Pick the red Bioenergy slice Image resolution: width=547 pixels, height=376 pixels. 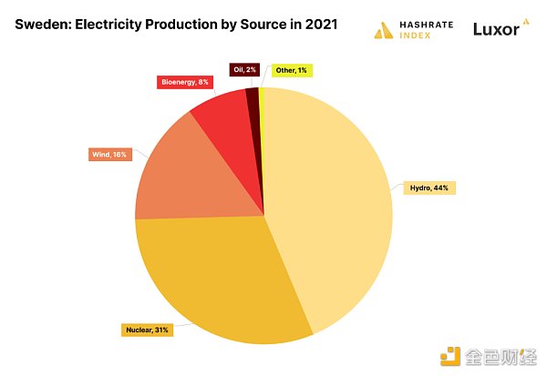pyautogui.click(x=223, y=118)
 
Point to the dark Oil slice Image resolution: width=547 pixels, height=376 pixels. pyautogui.click(x=252, y=102)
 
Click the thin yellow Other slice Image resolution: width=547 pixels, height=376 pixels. pyautogui.click(x=262, y=100)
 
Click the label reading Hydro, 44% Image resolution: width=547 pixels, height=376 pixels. pyautogui.click(x=425, y=188)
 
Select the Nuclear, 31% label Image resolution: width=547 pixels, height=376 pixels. pyautogui.click(x=146, y=329)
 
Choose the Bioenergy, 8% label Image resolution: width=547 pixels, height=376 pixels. pyautogui.click(x=183, y=82)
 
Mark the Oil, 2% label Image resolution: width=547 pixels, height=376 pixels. pyautogui.click(x=244, y=69)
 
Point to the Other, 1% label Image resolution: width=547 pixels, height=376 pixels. pyautogui.click(x=290, y=69)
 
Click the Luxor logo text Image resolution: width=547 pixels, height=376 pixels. pyautogui.click(x=496, y=30)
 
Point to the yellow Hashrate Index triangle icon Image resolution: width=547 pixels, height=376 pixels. pyautogui.click(x=383, y=30)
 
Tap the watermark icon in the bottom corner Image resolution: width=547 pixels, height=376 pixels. pyautogui.click(x=449, y=356)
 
